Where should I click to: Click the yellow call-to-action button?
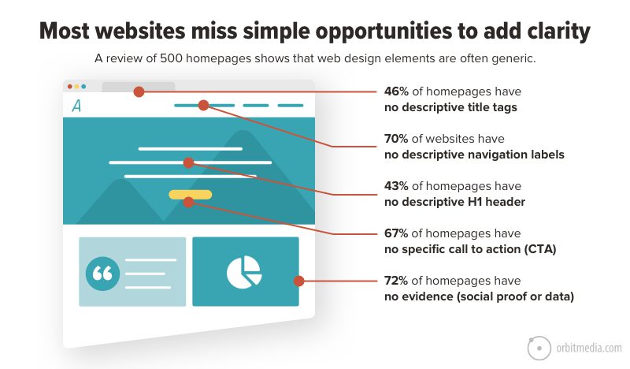tap(190, 193)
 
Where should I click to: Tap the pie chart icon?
tap(244, 272)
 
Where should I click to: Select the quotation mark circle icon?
tap(103, 273)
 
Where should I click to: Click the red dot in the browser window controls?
tap(70, 87)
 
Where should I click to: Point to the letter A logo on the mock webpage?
tap(76, 106)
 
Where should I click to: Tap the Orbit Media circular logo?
tap(539, 348)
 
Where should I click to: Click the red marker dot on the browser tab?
tap(139, 91)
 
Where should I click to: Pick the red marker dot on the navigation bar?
tap(203, 105)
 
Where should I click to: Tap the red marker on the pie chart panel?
tap(298, 281)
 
